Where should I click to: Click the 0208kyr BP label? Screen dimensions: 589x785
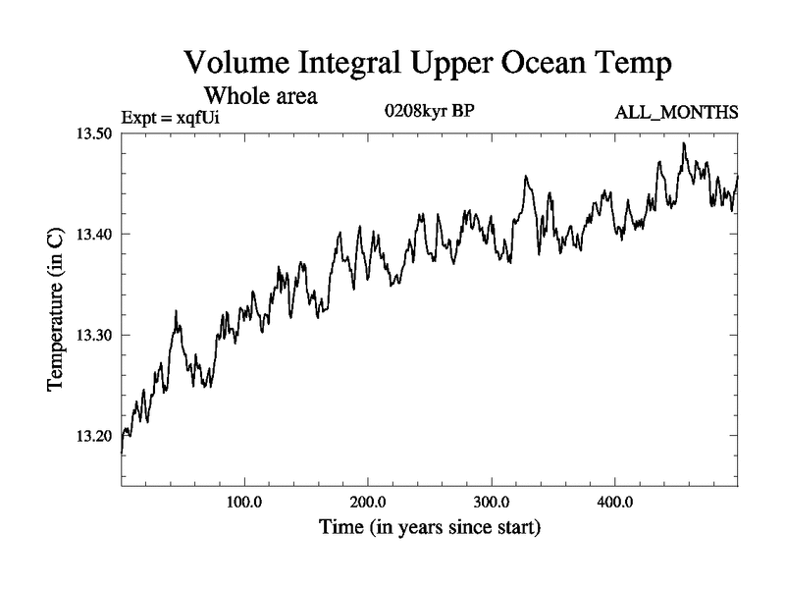pyautogui.click(x=431, y=111)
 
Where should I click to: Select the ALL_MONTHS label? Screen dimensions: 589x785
pyautogui.click(x=676, y=114)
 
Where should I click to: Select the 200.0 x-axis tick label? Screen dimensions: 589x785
pyautogui.click(x=368, y=502)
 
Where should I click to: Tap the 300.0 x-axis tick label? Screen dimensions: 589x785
pyautogui.click(x=492, y=502)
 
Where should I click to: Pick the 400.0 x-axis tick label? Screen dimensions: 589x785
pyautogui.click(x=615, y=502)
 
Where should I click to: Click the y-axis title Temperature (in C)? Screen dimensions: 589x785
pyautogui.click(x=56, y=310)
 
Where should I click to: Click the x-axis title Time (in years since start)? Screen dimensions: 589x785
pyautogui.click(x=430, y=528)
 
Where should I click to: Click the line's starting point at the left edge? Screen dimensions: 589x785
pyautogui.click(x=122, y=451)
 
